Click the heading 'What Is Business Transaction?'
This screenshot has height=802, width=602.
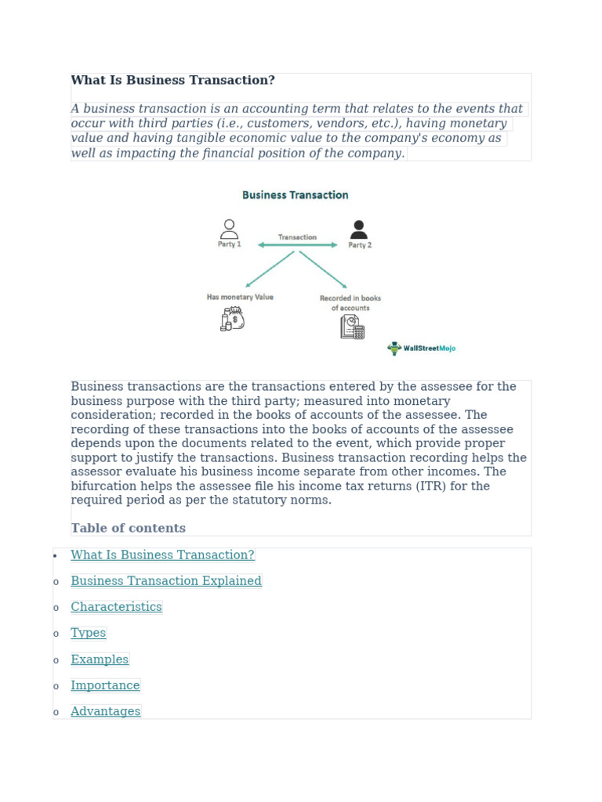[x=172, y=81]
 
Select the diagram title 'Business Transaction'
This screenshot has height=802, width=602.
[x=295, y=195]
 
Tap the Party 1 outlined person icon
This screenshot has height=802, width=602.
[x=229, y=229]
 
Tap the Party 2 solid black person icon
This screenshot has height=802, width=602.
[x=359, y=229]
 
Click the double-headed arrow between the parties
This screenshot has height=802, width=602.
[x=298, y=245]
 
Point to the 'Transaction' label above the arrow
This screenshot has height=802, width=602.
[x=297, y=237]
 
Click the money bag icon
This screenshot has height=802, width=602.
[x=233, y=319]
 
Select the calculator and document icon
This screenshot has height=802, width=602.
[x=352, y=327]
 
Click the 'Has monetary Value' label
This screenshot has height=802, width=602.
[x=240, y=298]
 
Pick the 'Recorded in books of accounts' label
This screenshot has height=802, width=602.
[x=350, y=303]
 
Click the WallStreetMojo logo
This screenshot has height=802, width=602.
[x=422, y=349]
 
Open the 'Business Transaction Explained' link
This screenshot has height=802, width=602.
[x=166, y=581]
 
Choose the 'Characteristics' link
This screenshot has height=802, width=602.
[x=116, y=607]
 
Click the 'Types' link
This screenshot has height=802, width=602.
[x=88, y=633]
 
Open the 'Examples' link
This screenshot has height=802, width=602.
[x=100, y=659]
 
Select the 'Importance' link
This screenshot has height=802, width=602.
[x=105, y=685]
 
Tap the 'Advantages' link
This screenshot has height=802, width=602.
[x=106, y=711]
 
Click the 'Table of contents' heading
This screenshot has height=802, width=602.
[x=128, y=529]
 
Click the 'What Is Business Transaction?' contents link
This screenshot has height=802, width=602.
[x=162, y=555]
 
